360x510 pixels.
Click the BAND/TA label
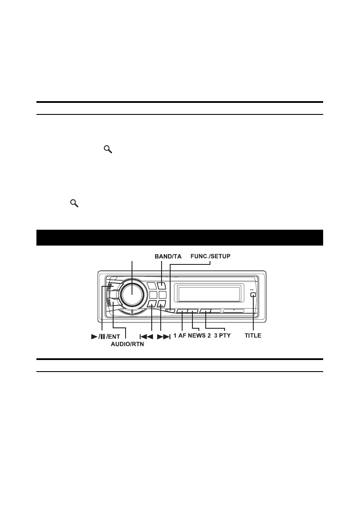[168, 257]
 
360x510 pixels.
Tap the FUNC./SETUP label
[210, 256]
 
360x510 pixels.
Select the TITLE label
[253, 336]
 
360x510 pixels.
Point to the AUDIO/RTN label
[127, 344]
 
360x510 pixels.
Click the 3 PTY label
[222, 336]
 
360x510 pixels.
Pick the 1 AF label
[180, 336]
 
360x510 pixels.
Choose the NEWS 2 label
[199, 336]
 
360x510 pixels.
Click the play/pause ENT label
[105, 336]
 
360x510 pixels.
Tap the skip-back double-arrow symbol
[146, 336]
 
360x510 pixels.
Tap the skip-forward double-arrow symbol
[164, 336]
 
